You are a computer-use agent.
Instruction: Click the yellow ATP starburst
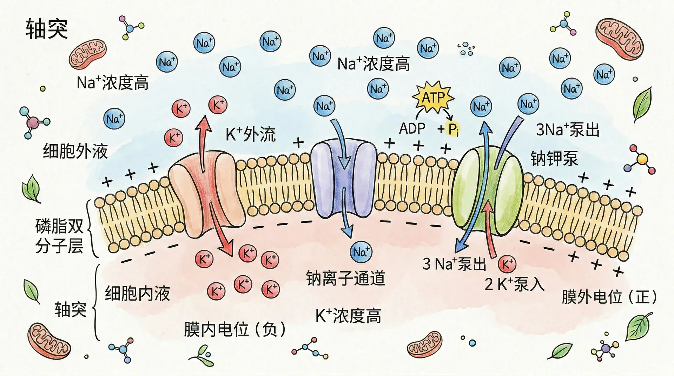pyautogui.click(x=433, y=97)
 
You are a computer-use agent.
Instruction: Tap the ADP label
pyautogui.click(x=412, y=129)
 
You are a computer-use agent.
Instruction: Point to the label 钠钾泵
pyautogui.click(x=554, y=159)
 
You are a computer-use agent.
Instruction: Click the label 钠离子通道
pyautogui.click(x=346, y=278)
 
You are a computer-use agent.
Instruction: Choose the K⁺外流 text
pyautogui.click(x=250, y=134)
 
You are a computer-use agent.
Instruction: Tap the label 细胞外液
pyautogui.click(x=75, y=152)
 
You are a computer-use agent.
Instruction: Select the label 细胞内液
pyautogui.click(x=137, y=293)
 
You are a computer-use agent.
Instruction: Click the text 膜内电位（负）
pyautogui.click(x=234, y=329)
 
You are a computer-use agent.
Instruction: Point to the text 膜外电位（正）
pyautogui.click(x=609, y=297)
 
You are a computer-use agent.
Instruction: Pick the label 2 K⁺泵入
pyautogui.click(x=515, y=284)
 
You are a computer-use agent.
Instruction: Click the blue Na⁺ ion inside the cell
pyautogui.click(x=361, y=252)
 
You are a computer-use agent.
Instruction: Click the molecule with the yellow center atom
pyautogui.click(x=642, y=160)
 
